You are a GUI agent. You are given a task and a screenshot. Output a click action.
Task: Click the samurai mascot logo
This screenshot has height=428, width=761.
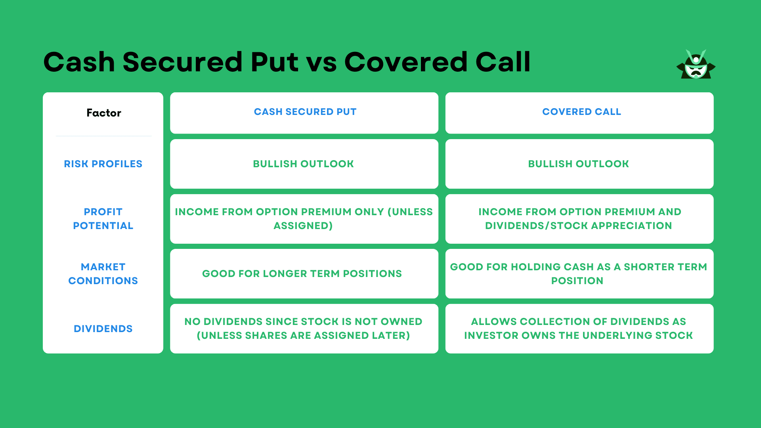pos(696,65)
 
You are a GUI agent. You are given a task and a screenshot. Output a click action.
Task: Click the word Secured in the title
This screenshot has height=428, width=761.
pos(182,62)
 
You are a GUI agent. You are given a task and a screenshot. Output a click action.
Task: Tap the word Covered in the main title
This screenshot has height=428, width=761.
pos(406,62)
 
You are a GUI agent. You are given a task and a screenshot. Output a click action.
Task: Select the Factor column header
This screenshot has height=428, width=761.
pos(104,113)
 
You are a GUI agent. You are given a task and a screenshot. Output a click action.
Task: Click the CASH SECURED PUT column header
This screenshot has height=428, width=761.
pos(305,112)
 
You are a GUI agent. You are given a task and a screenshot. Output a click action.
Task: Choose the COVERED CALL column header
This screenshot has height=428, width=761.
pos(581,112)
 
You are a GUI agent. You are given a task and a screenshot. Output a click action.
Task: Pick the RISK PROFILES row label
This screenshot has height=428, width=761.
pos(103,164)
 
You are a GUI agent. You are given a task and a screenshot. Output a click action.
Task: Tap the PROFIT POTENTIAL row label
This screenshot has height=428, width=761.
pos(103,219)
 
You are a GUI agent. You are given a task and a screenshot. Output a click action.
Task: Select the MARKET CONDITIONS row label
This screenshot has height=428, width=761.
pos(103,274)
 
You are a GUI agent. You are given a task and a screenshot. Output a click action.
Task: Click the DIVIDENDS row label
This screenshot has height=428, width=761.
pos(103,329)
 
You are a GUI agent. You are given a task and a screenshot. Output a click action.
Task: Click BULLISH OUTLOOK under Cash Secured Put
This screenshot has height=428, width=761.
pos(303,164)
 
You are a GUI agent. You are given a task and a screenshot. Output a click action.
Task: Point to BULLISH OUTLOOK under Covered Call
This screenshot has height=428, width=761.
pos(578,164)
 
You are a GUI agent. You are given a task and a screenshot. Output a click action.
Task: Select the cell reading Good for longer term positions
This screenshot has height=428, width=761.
pos(302,274)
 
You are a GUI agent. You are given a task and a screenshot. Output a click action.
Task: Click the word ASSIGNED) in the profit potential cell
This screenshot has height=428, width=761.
pos(303,226)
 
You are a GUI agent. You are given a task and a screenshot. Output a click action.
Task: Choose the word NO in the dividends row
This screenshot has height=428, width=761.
pos(192,322)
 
